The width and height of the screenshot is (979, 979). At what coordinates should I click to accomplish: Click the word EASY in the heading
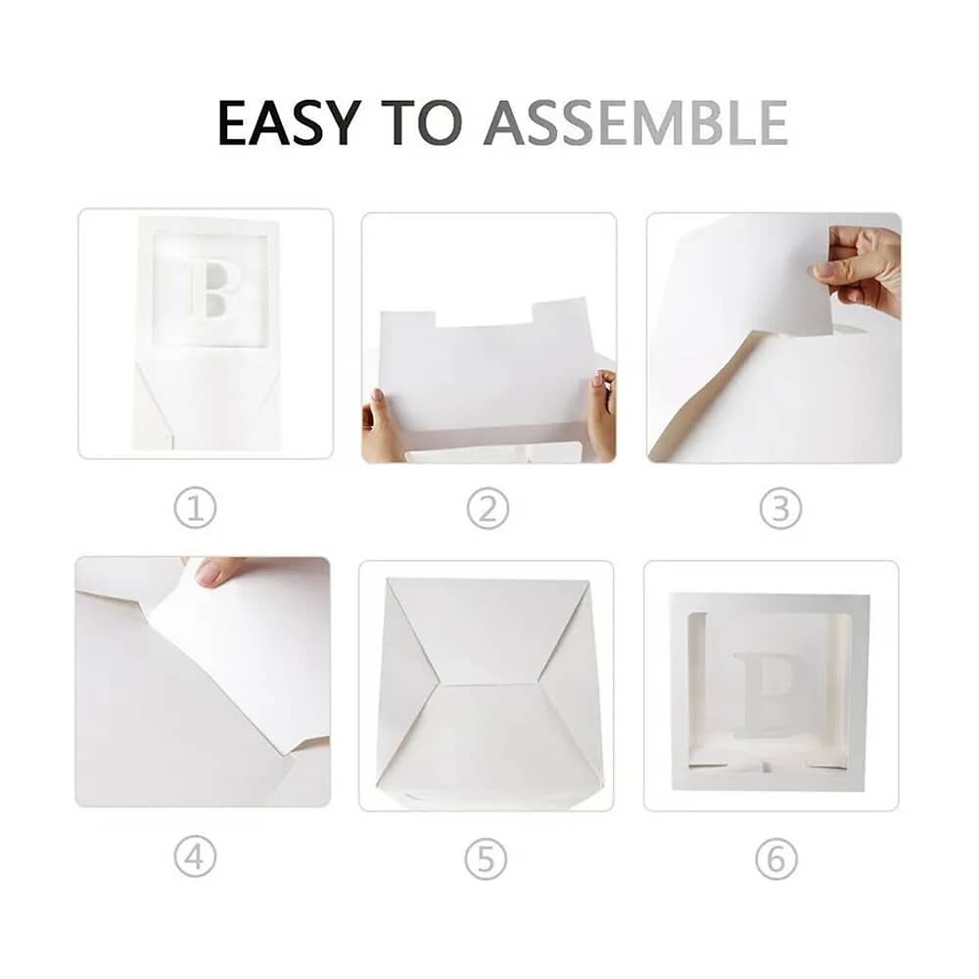point(290,122)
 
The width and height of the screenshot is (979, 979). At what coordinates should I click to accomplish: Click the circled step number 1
point(196,507)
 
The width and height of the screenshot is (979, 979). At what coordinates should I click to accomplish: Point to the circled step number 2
point(488,508)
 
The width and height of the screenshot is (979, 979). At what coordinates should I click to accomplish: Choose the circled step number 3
point(780,508)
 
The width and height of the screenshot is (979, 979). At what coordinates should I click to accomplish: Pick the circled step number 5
point(486,860)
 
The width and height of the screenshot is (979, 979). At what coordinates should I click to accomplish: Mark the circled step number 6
point(776,860)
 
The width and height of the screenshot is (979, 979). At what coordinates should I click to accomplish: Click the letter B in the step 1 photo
point(212,290)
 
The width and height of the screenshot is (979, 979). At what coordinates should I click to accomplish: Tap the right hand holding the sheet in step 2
point(601,412)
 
